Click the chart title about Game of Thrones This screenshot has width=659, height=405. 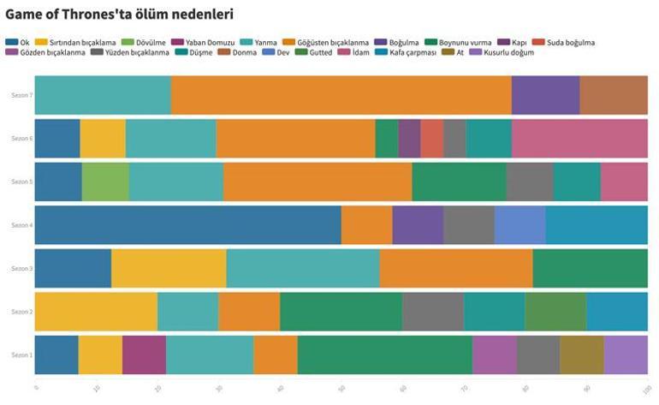tap(119, 15)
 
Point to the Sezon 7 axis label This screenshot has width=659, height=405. tap(21, 95)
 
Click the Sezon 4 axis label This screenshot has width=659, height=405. tap(21, 225)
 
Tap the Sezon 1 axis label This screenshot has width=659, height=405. tap(21, 354)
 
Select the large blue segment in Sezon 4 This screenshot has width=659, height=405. tap(187, 225)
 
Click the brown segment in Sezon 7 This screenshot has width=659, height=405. tap(614, 95)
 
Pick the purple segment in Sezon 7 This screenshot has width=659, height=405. tap(545, 95)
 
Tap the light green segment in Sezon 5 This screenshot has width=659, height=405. tap(105, 182)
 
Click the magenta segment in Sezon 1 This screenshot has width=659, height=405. tap(144, 354)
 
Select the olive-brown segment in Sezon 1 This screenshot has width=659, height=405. tap(582, 354)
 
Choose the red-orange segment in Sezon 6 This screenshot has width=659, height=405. tap(431, 138)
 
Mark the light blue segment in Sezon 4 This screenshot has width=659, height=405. tap(519, 225)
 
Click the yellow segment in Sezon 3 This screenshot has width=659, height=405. tap(169, 268)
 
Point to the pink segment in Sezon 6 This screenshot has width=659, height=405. tap(579, 138)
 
